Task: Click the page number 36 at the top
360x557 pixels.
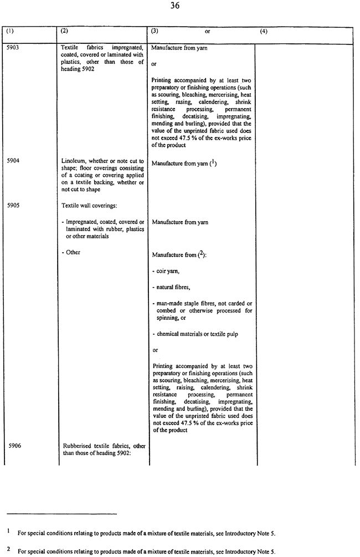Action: click(180, 7)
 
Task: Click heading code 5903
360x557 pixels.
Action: click(13, 49)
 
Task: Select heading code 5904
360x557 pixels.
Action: click(13, 161)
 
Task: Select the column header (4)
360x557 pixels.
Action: click(264, 32)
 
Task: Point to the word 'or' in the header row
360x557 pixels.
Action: click(207, 32)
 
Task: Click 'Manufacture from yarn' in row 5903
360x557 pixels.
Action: click(179, 49)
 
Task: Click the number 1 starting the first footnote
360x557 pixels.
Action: click(9, 531)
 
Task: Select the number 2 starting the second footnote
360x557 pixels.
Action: click(9, 550)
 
